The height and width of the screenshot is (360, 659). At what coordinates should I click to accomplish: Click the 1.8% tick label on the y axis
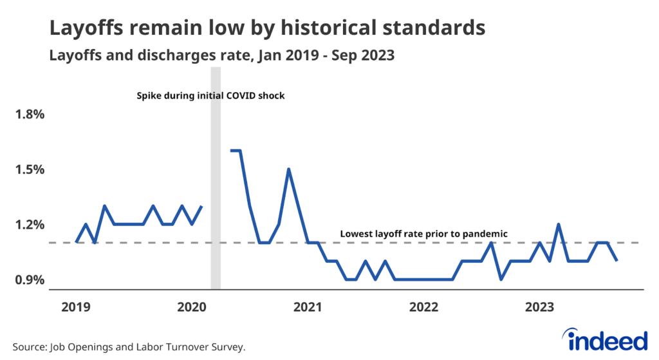coord(30,115)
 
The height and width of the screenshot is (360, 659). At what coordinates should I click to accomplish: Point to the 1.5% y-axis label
coord(30,169)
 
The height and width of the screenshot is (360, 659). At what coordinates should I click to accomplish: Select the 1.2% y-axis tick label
coord(30,225)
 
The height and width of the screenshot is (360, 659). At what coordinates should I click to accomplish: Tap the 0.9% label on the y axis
coord(30,280)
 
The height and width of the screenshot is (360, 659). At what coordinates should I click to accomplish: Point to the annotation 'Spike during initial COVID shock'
coord(210,96)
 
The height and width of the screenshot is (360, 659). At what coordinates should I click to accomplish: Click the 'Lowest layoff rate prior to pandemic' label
coord(424,234)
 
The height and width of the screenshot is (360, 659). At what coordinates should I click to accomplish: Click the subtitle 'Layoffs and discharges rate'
coord(144,56)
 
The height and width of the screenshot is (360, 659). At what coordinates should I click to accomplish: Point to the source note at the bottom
coord(129,347)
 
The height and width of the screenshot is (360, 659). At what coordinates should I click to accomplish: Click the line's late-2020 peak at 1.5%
coord(289,169)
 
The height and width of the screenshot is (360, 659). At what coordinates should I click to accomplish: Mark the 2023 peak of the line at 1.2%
coord(559,224)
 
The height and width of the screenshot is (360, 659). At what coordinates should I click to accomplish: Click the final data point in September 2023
coord(617,260)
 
